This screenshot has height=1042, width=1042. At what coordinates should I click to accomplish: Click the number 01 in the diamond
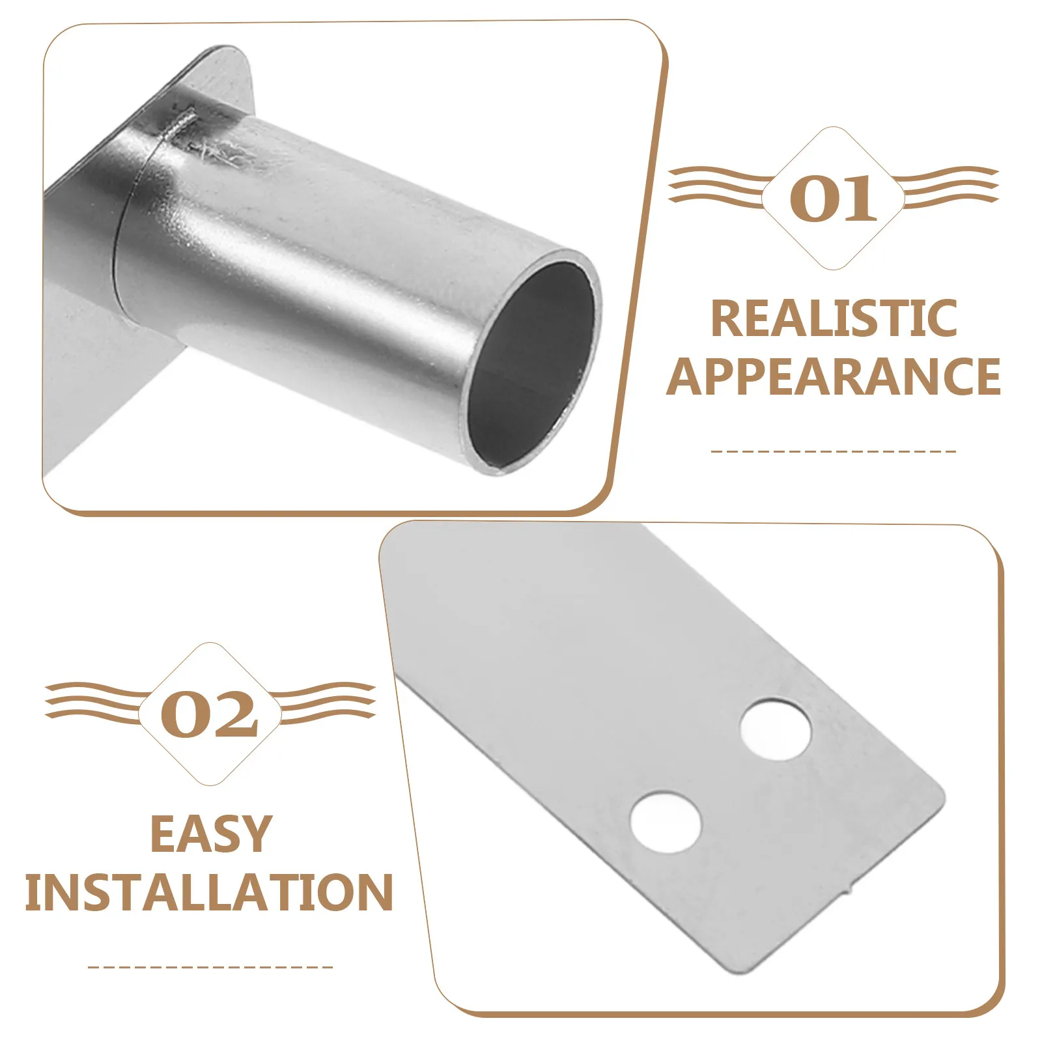(833, 198)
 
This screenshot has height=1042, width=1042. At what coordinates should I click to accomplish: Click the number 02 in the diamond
(210, 714)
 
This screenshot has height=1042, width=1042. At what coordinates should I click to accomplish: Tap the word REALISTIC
(834, 318)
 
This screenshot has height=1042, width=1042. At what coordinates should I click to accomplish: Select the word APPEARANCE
(834, 376)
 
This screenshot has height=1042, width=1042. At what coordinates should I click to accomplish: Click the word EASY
(210, 834)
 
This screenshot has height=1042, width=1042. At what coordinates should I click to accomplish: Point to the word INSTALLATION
(210, 892)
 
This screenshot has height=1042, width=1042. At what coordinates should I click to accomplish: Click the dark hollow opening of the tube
(533, 365)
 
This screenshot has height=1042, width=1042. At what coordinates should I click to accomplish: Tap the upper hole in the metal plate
(776, 729)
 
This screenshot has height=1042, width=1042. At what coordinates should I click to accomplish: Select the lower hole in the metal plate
(666, 822)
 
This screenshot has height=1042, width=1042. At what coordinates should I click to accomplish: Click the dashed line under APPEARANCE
(834, 451)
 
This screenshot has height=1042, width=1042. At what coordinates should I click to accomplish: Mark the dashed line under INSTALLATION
(210, 967)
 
